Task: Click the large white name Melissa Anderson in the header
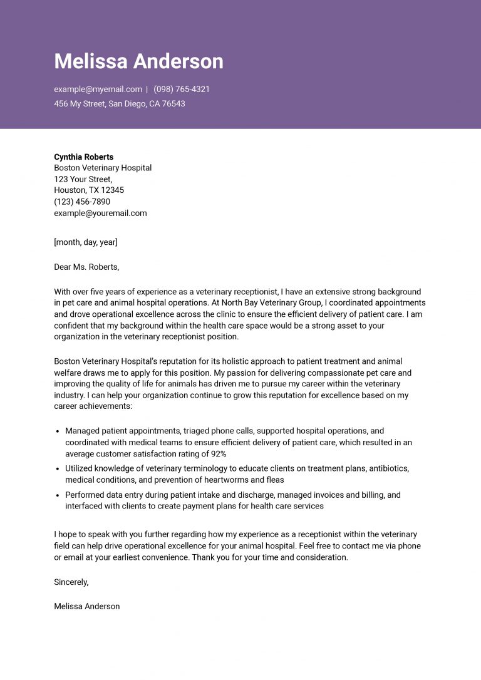click(x=138, y=61)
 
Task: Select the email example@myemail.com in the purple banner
click(x=98, y=90)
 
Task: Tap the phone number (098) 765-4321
click(x=182, y=90)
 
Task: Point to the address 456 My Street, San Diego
click(x=119, y=104)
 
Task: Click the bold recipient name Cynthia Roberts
click(x=84, y=157)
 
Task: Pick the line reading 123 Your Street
click(x=83, y=179)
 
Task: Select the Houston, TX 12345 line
click(x=89, y=190)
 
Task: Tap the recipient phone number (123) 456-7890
click(x=82, y=202)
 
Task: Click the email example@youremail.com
click(x=100, y=213)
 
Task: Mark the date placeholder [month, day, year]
click(x=85, y=242)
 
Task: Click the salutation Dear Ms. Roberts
click(x=86, y=267)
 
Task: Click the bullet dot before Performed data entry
click(x=58, y=495)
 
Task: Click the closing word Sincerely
click(x=71, y=582)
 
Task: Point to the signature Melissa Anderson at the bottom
click(x=86, y=607)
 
